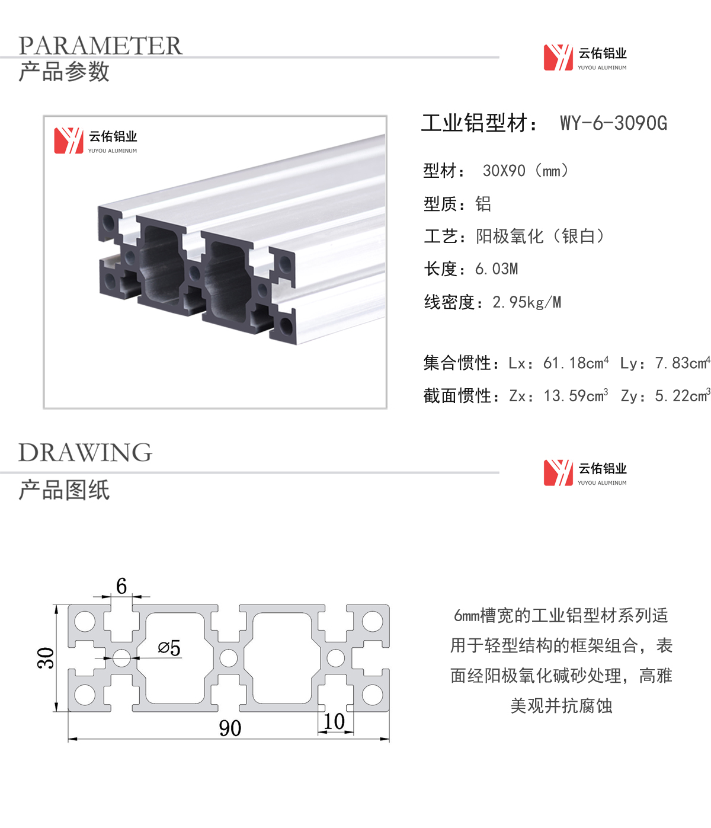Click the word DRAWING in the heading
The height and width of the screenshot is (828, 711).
click(x=85, y=452)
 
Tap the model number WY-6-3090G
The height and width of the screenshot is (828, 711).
click(x=613, y=123)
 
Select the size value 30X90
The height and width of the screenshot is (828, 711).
click(x=504, y=171)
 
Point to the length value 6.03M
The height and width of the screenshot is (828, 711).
click(x=497, y=269)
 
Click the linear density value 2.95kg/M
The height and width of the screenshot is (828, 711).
click(x=527, y=302)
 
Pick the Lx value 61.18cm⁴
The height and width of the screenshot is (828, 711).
click(x=575, y=363)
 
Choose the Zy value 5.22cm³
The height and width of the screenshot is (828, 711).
click(x=682, y=395)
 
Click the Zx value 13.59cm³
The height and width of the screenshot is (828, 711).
click(x=575, y=395)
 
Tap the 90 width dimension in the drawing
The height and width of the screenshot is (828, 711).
click(x=230, y=728)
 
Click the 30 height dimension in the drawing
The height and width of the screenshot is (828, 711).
click(x=45, y=658)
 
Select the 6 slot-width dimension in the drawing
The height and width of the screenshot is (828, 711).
click(x=121, y=586)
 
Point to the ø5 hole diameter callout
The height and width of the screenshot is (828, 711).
click(x=169, y=648)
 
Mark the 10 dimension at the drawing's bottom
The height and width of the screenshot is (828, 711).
click(x=334, y=721)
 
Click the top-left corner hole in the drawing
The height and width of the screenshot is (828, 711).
click(x=85, y=621)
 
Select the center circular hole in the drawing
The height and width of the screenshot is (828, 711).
click(x=229, y=658)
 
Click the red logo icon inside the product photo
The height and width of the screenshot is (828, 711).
click(x=69, y=140)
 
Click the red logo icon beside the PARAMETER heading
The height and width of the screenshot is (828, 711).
click(x=558, y=57)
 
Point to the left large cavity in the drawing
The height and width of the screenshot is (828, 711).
click(x=175, y=658)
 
